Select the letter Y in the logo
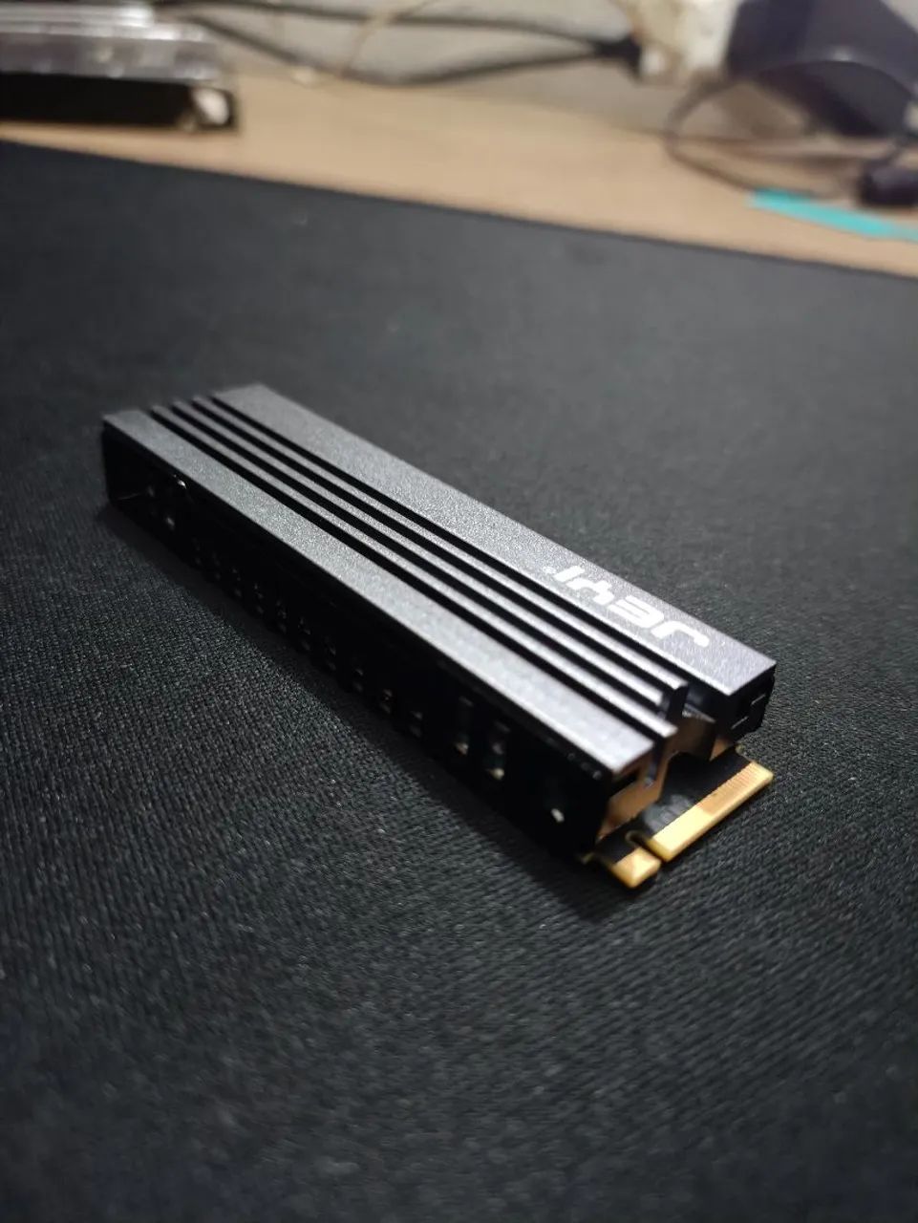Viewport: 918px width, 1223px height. click(x=602, y=592)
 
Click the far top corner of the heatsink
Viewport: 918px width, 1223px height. click(x=239, y=389)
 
